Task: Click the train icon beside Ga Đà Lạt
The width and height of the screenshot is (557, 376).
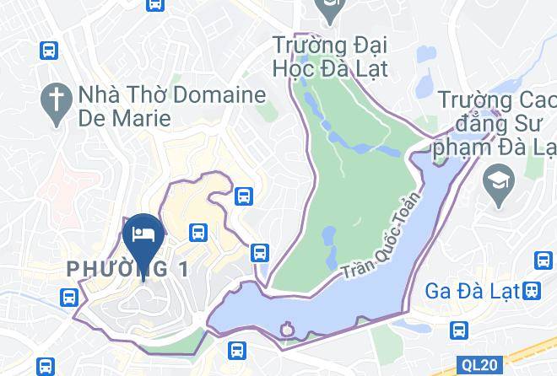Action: point(531,291)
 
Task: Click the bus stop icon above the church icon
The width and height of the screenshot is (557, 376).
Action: point(48,50)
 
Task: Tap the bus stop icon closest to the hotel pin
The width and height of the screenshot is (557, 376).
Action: point(199,231)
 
